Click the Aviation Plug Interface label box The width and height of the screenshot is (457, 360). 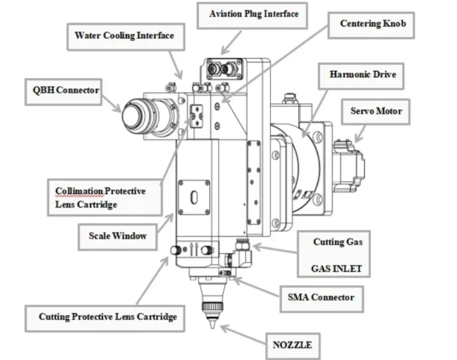coord(252,16)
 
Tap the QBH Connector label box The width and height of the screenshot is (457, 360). coord(64,92)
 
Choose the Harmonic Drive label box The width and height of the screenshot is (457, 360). coord(361,76)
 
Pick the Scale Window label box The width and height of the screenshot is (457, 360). coord(117,237)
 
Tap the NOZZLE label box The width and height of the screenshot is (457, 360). coord(293,346)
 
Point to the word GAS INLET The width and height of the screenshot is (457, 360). coord(337,268)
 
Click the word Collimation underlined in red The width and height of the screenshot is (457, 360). coord(79,191)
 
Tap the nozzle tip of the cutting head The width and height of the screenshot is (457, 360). coord(213,327)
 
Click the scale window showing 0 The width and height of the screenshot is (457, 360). coord(194,197)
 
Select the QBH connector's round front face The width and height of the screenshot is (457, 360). coord(133,115)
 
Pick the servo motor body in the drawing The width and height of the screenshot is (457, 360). coord(349,166)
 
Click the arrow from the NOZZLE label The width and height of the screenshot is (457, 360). coord(243,335)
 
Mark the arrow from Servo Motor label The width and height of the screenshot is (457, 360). coord(360,134)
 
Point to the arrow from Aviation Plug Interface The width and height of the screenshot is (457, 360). coord(231,43)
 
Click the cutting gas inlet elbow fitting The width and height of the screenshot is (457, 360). coord(242,253)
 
